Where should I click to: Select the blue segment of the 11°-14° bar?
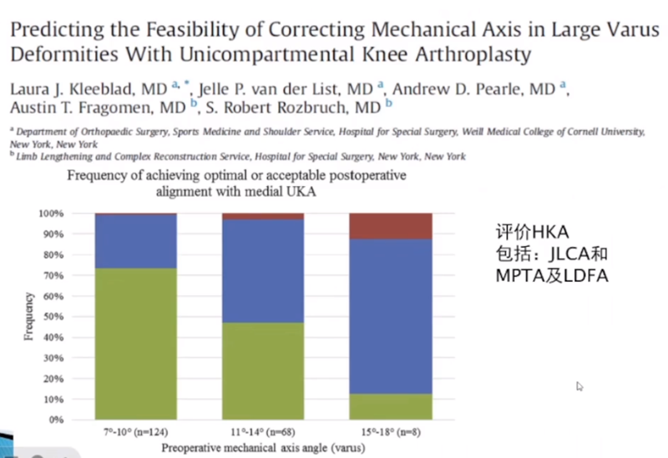(x=262, y=271)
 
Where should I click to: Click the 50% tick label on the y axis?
(x=52, y=316)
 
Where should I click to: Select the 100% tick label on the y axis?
(x=49, y=214)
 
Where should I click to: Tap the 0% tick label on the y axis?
(x=54, y=419)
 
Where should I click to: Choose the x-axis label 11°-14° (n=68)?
(x=262, y=433)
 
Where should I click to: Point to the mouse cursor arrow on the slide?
(x=579, y=386)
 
